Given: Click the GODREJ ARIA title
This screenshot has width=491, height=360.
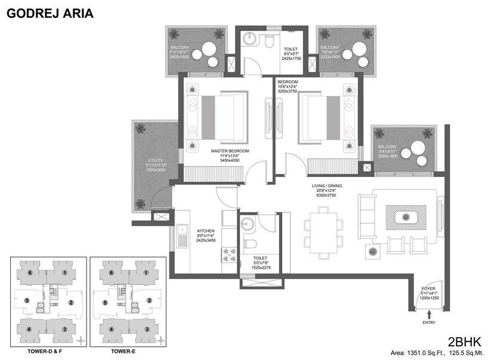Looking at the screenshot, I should point(50,13).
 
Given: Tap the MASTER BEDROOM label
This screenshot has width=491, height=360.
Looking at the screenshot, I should point(230,151).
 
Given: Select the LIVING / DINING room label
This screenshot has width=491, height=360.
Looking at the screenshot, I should point(326,186).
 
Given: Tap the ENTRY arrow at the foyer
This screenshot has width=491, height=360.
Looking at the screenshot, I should point(428,312).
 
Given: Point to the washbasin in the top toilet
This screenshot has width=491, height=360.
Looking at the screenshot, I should point(251,41).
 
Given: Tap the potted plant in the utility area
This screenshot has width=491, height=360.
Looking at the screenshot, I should point(140,128).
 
